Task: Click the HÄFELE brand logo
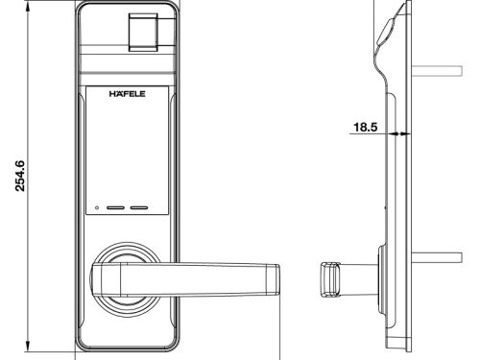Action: click(127, 93)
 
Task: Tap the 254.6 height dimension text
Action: click(20, 176)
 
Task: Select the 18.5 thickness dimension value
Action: click(365, 127)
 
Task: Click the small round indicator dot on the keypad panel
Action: click(97, 207)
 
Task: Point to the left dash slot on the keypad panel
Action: click(115, 207)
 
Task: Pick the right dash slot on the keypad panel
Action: click(139, 207)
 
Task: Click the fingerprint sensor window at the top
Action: click(143, 33)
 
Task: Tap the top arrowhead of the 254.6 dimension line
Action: click(28, 7)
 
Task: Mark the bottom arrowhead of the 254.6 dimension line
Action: click(28, 346)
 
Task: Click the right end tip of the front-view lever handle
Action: click(279, 279)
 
